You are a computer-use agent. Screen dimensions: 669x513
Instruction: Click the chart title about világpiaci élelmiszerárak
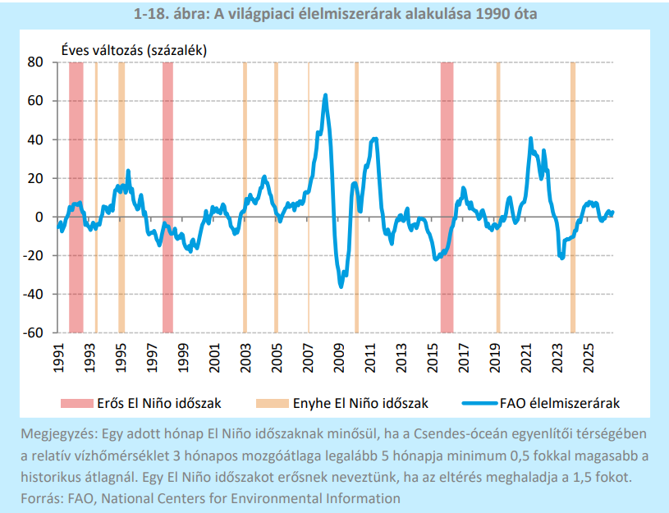[x=335, y=14]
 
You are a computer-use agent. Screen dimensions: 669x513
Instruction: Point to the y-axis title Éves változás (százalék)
[x=134, y=50]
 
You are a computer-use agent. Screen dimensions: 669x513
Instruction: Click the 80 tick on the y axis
[x=35, y=62]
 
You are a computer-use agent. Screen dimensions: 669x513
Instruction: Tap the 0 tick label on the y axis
[x=39, y=217]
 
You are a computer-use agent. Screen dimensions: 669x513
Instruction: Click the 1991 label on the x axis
[x=58, y=358]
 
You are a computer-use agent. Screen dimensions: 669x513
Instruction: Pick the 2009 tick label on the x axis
[x=339, y=358]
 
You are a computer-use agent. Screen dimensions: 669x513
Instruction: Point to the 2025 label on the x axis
[x=589, y=358]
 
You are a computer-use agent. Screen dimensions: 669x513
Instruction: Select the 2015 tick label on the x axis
[x=433, y=358]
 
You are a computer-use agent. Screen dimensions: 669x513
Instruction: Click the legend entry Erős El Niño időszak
[x=141, y=403]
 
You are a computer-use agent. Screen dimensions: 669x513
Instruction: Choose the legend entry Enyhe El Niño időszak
[x=342, y=403]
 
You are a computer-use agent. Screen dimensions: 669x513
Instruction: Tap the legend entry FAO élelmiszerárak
[x=541, y=403]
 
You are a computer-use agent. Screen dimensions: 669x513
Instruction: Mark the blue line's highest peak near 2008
[x=326, y=95]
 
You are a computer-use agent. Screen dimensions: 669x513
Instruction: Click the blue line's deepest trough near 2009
[x=341, y=286]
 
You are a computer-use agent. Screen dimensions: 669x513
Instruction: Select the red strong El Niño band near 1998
[x=167, y=197]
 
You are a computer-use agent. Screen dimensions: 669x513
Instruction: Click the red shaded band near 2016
[x=447, y=197]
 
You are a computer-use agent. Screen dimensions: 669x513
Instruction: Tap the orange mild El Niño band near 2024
[x=573, y=197]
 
